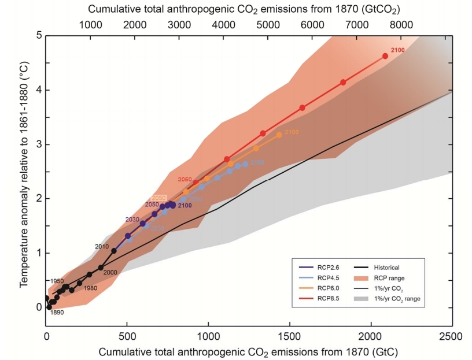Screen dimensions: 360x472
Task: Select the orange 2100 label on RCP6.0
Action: point(292,132)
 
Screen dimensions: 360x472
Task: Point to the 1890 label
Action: point(57,313)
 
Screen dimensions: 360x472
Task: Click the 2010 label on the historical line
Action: point(102,247)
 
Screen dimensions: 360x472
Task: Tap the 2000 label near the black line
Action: point(110,273)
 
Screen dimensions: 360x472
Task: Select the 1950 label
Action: point(56,281)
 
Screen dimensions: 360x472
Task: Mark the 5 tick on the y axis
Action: point(39,35)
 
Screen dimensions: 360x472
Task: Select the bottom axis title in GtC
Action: point(249,351)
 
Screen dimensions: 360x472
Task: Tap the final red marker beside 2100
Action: point(385,56)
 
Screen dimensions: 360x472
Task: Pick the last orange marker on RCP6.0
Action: point(279,135)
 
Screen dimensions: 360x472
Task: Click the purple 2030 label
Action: point(133,220)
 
